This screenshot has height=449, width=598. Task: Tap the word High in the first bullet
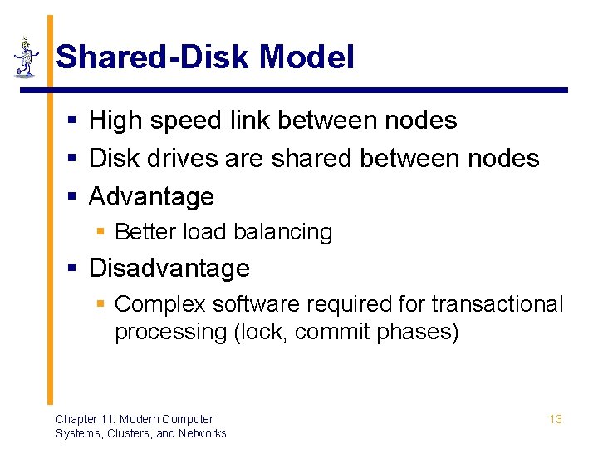pos(113,121)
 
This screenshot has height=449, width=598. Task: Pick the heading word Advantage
pos(151,197)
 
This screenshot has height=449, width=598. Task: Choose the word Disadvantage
pos(169,269)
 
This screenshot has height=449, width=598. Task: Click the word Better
pos(142,232)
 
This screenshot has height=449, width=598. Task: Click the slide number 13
pos(556,419)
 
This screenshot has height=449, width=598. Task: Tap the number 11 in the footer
pos(106,419)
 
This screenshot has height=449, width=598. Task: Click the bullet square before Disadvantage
pos(72,269)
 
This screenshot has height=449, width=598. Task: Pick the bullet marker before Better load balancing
pos(100,232)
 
